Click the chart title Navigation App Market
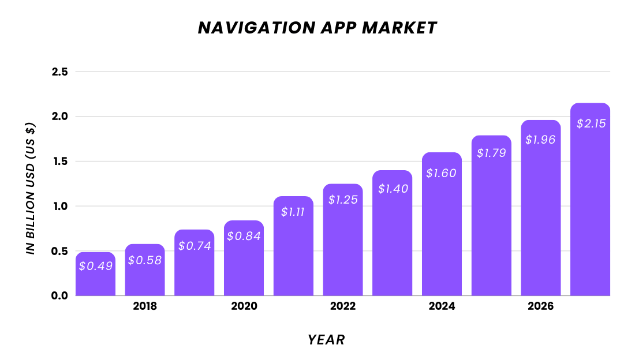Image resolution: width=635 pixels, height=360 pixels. pos(317,28)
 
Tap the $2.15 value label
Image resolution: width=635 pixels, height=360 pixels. pos(590,123)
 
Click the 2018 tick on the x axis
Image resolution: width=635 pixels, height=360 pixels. pos(145,306)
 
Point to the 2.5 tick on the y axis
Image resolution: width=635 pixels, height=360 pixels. pos(59,72)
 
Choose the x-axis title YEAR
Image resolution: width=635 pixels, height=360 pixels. pos(326,340)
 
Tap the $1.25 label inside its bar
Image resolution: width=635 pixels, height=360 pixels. pos(343,200)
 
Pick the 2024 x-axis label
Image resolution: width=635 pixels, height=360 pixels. pos(442,306)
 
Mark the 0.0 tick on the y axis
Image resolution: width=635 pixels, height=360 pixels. pos(59,296)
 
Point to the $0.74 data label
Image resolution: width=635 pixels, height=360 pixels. pos(195,246)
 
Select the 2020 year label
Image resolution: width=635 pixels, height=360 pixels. pos(244,306)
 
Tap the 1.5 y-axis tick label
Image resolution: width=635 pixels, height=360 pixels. pos(59,162)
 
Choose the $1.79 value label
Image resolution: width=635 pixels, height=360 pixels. pos(491,153)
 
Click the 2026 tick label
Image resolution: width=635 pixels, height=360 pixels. pos(540,306)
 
